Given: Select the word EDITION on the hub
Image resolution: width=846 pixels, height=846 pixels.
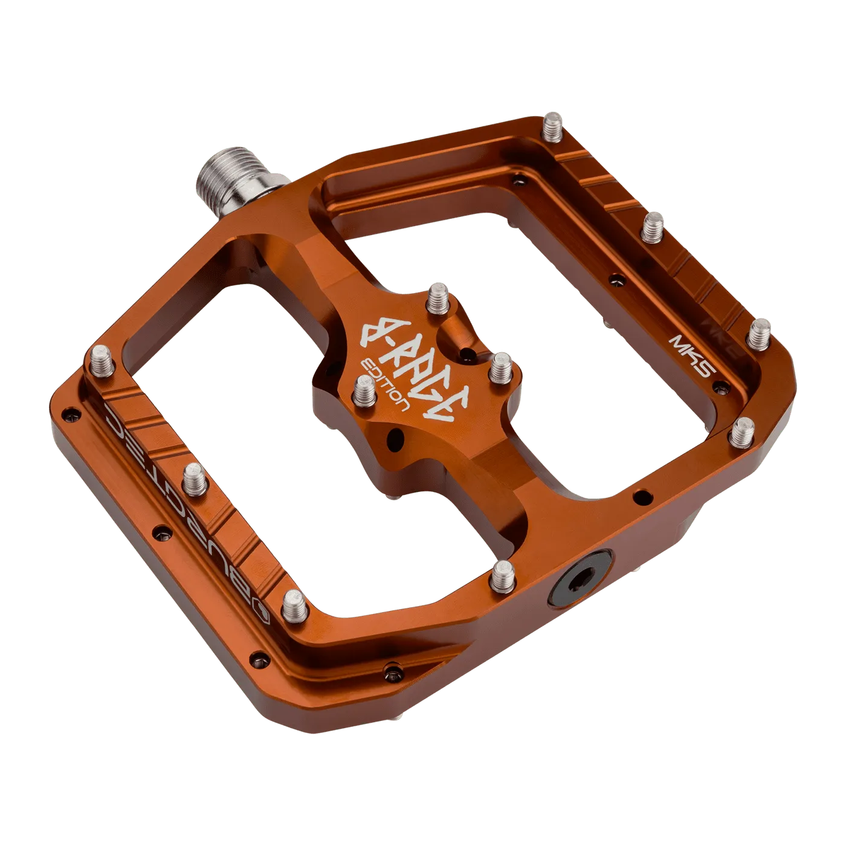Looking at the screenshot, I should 386,387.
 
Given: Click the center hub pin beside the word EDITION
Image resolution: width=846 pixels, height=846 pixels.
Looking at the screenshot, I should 365,393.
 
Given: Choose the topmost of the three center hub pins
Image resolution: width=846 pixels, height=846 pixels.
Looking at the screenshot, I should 437,298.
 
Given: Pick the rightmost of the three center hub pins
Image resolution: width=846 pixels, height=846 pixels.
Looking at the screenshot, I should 501,369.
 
